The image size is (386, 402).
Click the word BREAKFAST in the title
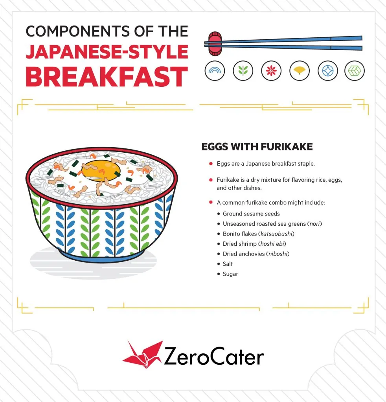pos(107,77)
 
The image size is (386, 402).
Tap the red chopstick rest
pos(215,44)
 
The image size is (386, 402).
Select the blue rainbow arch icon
pos(215,71)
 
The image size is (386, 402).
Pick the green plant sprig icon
pos(243,71)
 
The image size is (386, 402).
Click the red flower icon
pos(271,71)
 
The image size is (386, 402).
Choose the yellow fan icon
pos(300,71)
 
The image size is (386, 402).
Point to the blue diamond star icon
pos(328,71)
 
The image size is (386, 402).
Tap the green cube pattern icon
pos(355,71)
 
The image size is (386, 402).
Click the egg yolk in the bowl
pos(102,170)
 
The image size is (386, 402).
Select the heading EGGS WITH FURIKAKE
pos(257,147)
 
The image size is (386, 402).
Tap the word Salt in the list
pos(228,264)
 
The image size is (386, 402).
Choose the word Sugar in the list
pos(230,274)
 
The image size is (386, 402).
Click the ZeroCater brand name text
pos(214,356)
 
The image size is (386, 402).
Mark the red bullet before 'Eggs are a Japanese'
pos(211,164)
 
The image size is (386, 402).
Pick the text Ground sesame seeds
pos(251,214)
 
